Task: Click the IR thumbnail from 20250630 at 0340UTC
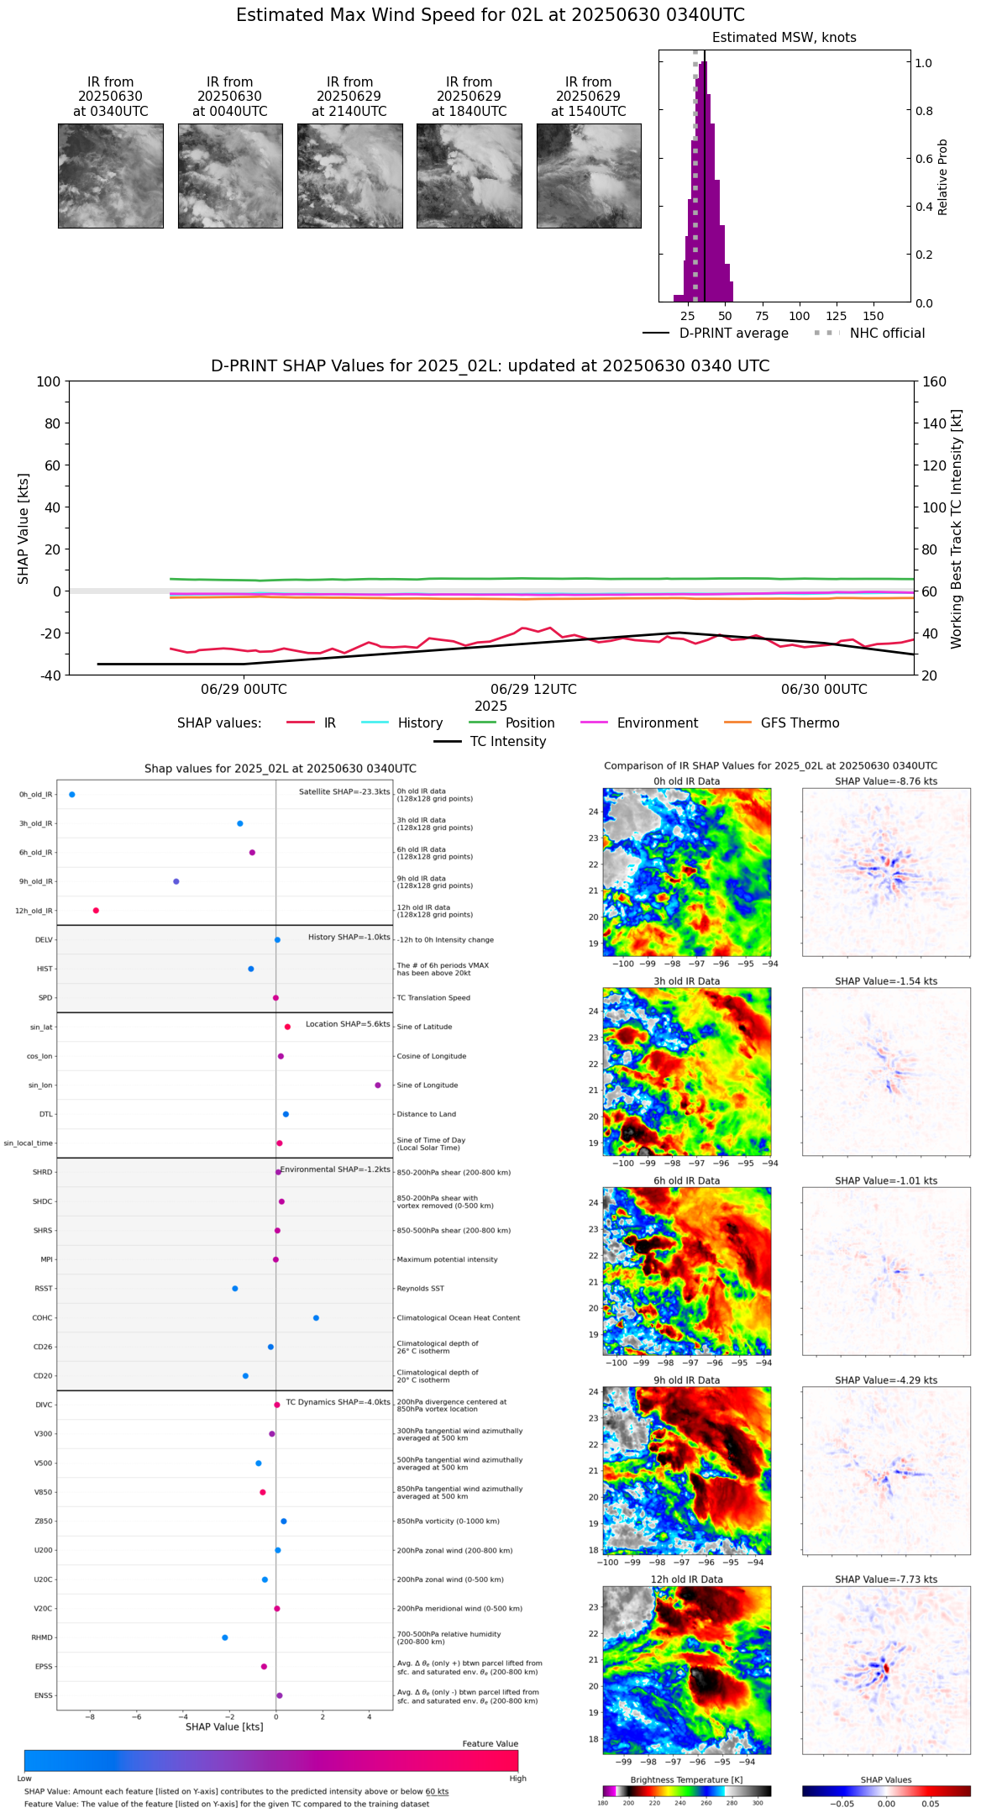coord(110,176)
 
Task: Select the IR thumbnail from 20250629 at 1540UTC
coord(589,176)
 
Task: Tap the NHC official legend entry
coord(886,334)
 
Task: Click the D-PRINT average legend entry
coord(733,334)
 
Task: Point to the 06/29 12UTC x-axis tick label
coord(533,690)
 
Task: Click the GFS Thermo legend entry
coord(800,723)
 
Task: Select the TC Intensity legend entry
coord(507,742)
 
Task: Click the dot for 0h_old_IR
coord(72,795)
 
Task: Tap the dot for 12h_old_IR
coord(96,911)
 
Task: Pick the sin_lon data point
coord(378,1085)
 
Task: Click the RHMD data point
coord(225,1637)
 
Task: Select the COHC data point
coord(316,1318)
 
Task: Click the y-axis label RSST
coord(44,1289)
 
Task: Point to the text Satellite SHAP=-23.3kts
coord(344,792)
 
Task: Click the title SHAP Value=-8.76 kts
coord(886,781)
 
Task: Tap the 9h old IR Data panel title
coord(686,1380)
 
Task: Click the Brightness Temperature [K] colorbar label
coord(686,1780)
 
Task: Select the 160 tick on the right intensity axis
coord(934,381)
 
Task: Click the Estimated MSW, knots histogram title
coord(784,38)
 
